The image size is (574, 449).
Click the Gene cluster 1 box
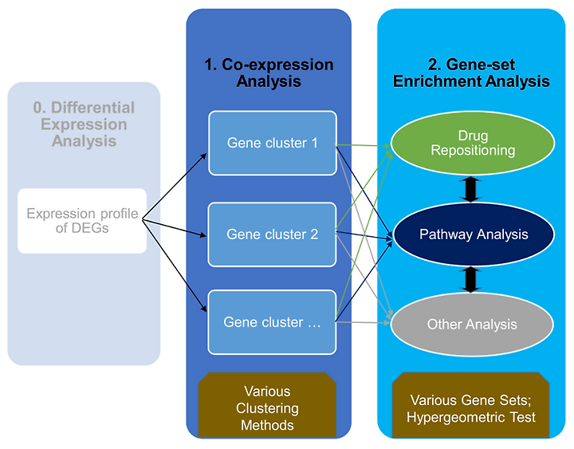(273, 144)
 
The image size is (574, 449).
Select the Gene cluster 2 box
(273, 234)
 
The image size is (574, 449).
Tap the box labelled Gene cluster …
(273, 322)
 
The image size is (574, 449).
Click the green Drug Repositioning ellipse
(473, 143)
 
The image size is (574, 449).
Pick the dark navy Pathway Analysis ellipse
(474, 234)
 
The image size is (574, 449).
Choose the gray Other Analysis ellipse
(472, 325)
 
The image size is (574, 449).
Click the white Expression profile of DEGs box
(82, 221)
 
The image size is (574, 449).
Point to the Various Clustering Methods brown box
(267, 405)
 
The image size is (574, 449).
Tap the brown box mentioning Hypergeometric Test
(471, 405)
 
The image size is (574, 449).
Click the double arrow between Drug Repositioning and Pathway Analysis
(471, 189)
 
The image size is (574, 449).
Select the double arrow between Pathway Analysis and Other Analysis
(471, 280)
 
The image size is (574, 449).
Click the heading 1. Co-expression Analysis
(269, 73)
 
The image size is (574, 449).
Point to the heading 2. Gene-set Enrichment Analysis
(471, 73)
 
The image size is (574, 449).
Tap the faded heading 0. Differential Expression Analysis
(84, 124)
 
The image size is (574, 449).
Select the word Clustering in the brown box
(267, 408)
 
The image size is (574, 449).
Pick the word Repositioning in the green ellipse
(473, 150)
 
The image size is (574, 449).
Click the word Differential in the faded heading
(93, 108)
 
